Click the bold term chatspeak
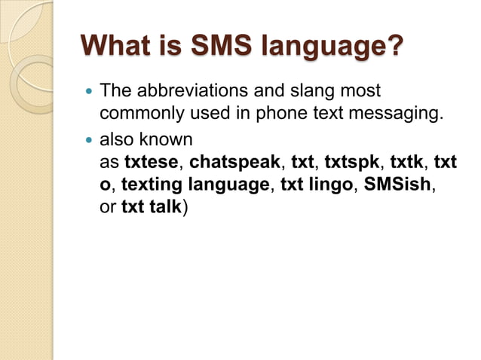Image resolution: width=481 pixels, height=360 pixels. [x=234, y=162]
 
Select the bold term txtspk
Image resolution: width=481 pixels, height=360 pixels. [x=352, y=162]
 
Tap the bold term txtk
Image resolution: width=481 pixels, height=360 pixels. [x=407, y=162]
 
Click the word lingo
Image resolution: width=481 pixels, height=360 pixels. [x=329, y=185]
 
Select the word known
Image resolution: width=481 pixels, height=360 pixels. [x=170, y=140]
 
